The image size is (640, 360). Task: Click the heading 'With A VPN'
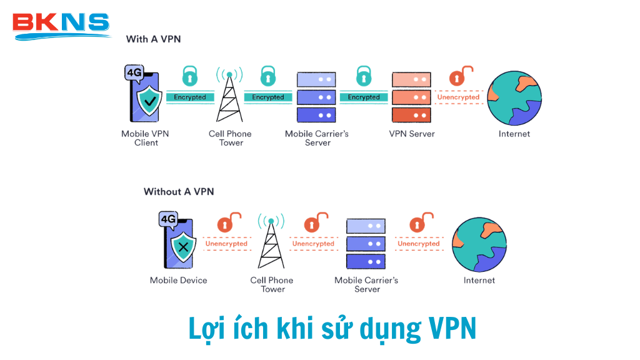tap(153, 39)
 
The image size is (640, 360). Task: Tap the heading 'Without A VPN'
tap(179, 191)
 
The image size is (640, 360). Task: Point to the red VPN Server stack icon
tap(411, 97)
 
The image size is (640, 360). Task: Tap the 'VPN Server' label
tap(412, 134)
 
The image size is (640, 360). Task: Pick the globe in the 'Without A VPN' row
tap(479, 244)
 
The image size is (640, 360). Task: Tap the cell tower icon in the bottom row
tap(271, 242)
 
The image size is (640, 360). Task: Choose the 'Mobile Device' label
tap(178, 280)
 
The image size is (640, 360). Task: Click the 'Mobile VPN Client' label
tap(146, 138)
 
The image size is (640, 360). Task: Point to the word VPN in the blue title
tap(452, 328)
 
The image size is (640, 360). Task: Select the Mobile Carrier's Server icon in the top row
tap(316, 97)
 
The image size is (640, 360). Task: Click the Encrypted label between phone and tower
tap(190, 97)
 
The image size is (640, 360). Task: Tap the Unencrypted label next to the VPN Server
tap(458, 97)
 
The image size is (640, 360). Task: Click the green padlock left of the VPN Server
tap(363, 76)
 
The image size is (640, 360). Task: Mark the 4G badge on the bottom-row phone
tap(167, 219)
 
